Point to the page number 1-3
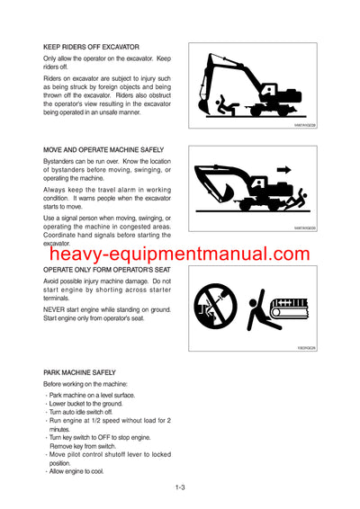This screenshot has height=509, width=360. pyautogui.click(x=180, y=487)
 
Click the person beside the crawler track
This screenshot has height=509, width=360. pyautogui.click(x=260, y=310)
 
